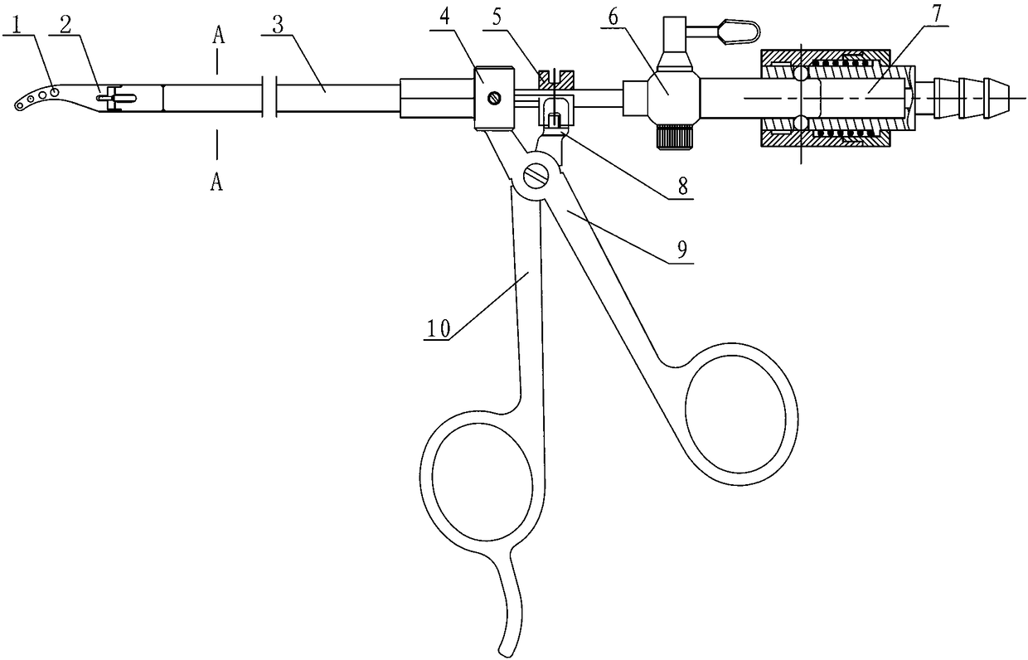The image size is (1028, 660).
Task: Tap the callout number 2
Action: point(65,25)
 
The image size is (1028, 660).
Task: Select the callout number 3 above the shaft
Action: point(278,26)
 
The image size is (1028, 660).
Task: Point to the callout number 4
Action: point(444,17)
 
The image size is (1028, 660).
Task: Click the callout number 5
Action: point(497,17)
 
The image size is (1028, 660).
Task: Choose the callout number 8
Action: point(683,187)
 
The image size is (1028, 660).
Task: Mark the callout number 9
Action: point(682,250)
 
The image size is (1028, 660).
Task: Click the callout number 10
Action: point(439,328)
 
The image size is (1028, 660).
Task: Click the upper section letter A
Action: point(219,36)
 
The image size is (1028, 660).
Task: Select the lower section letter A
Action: point(216,182)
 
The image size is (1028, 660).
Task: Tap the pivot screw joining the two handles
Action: point(536,176)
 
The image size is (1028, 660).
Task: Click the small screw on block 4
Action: point(494,97)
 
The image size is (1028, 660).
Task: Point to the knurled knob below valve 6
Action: point(671,137)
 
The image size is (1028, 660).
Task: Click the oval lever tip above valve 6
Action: point(739,32)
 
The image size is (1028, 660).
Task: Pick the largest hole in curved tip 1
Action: point(54,92)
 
